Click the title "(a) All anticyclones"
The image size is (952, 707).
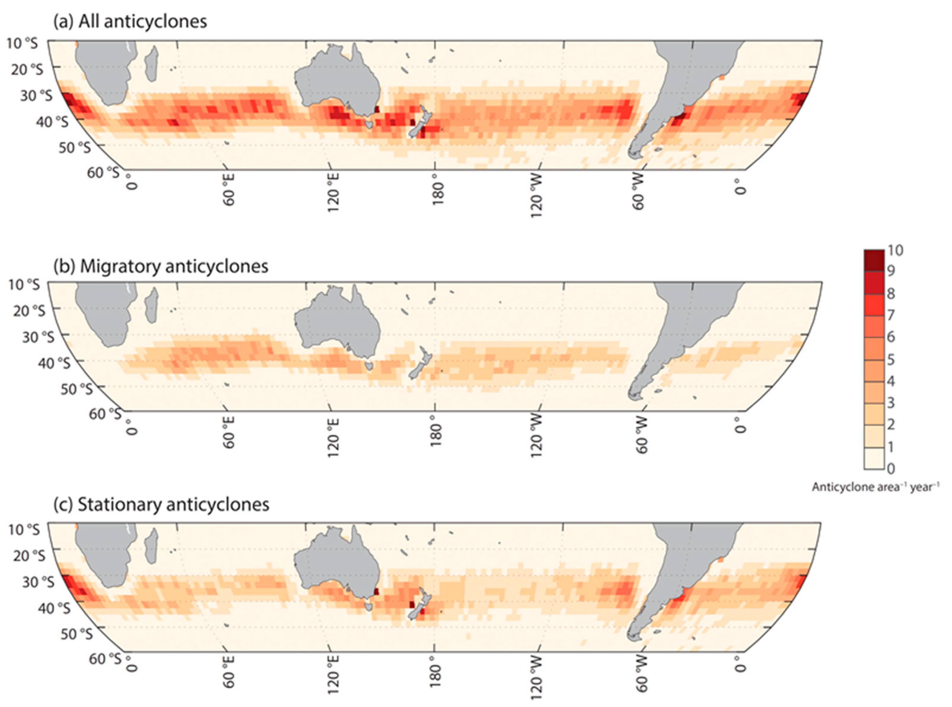click(130, 21)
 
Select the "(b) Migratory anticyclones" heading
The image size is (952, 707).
click(161, 266)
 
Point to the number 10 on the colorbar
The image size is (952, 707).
click(895, 250)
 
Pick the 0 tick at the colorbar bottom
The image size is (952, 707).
click(891, 469)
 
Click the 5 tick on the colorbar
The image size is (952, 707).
click(891, 359)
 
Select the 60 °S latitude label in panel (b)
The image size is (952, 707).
click(104, 414)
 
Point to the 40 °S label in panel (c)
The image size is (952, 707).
click(54, 608)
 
